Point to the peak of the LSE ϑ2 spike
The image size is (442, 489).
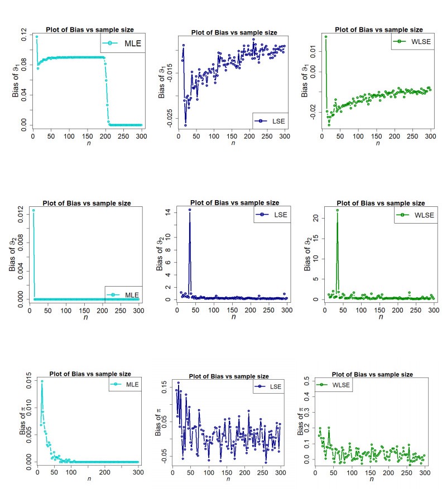(x=190, y=210)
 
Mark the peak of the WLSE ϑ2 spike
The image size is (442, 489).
(x=337, y=210)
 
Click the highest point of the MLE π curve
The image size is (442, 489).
(x=42, y=381)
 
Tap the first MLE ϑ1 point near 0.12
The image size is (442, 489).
(x=37, y=37)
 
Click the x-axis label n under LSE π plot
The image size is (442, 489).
(x=228, y=478)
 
